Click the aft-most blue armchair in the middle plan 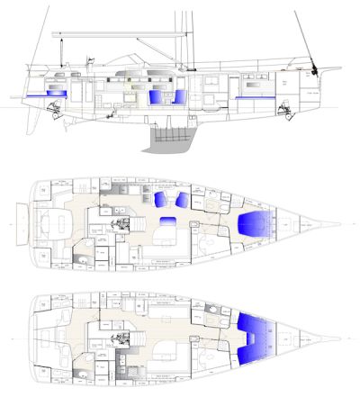pyautogui.click(x=162, y=199)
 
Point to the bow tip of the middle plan pyautogui.click(x=341, y=224)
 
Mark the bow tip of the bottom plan pyautogui.click(x=341, y=339)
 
